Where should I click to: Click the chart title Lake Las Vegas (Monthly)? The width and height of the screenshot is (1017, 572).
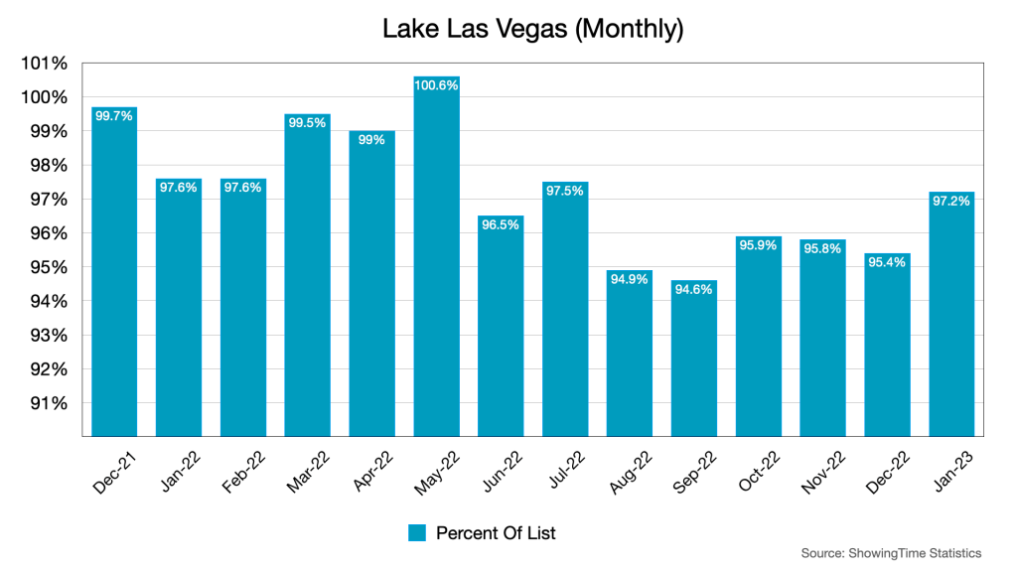[x=532, y=30]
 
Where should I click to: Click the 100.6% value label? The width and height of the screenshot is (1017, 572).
[x=436, y=86]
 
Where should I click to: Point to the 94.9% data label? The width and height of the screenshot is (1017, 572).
[x=629, y=279]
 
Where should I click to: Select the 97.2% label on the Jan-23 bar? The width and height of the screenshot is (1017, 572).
[x=950, y=201]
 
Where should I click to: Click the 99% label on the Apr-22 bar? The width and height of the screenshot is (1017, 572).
[x=371, y=140]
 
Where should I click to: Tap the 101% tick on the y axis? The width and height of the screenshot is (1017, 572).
[x=44, y=64]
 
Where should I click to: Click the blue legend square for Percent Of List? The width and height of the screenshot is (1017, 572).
[x=417, y=533]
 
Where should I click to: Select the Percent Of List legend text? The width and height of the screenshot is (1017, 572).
[x=497, y=533]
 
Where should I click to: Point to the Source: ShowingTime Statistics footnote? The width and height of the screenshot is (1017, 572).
[x=891, y=553]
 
